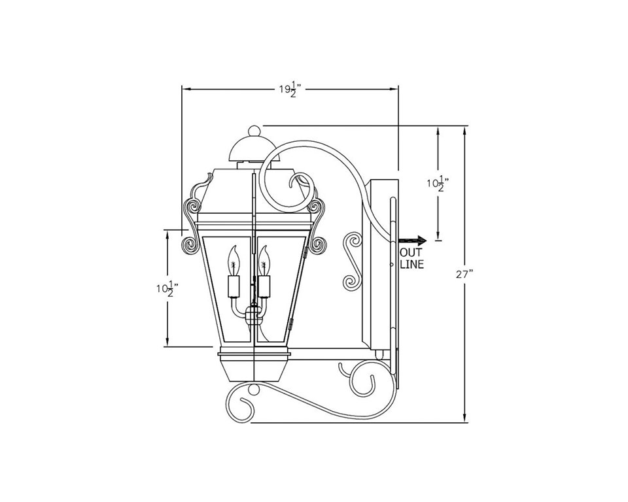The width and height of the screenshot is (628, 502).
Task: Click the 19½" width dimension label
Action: point(290,90)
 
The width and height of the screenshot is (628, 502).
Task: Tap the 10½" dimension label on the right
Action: point(438,184)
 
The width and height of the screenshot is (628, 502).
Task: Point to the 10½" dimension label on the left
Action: point(167,289)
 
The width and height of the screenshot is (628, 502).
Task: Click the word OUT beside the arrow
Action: point(411,254)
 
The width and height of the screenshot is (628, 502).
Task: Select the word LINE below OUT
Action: point(412,265)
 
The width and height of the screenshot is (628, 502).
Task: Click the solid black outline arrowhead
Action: point(422,241)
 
